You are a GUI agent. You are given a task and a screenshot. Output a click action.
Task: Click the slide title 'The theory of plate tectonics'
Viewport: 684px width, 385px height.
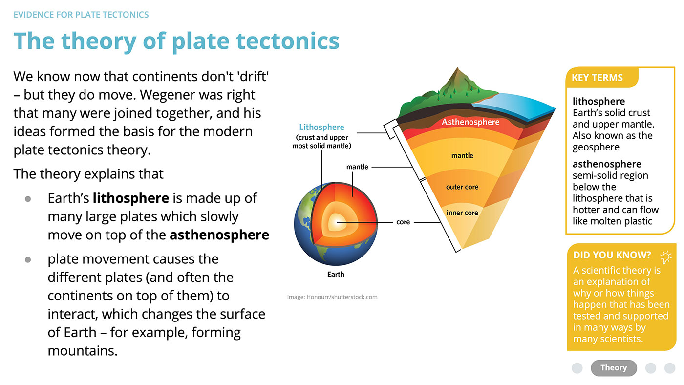(176, 42)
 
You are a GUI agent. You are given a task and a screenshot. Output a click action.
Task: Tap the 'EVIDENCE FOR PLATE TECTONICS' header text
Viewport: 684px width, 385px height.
(81, 15)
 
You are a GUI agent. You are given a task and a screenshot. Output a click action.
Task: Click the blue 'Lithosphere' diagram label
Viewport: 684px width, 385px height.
(321, 127)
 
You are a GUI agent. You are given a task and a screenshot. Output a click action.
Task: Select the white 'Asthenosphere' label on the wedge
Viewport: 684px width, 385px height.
(470, 122)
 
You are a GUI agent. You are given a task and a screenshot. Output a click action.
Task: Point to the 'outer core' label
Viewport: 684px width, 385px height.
(462, 187)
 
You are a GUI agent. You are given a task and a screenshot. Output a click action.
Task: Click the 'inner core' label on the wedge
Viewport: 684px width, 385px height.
(462, 213)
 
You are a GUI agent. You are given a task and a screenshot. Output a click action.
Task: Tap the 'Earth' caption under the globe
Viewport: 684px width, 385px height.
(336, 275)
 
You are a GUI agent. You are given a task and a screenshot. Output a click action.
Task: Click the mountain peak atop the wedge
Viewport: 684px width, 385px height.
(457, 68)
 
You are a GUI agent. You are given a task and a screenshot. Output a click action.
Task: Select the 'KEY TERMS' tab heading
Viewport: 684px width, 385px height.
(597, 78)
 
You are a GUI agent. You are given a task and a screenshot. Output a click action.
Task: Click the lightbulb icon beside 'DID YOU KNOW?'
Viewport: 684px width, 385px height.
(665, 257)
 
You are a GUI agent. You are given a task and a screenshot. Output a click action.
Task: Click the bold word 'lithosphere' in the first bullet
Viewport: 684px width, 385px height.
(131, 198)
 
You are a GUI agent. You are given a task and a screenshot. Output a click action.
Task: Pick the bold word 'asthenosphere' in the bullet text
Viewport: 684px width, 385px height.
(219, 235)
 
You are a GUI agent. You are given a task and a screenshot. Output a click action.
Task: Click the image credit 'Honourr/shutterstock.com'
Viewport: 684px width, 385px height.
(342, 297)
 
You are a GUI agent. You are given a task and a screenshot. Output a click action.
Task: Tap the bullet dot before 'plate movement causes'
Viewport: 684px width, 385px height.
(28, 260)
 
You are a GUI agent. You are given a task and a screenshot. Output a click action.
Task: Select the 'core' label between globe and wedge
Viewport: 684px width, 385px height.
(403, 222)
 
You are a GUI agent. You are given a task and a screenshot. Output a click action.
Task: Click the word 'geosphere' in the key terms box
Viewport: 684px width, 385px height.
(596, 148)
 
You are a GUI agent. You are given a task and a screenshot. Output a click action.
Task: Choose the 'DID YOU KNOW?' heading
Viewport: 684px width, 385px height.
(612, 255)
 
